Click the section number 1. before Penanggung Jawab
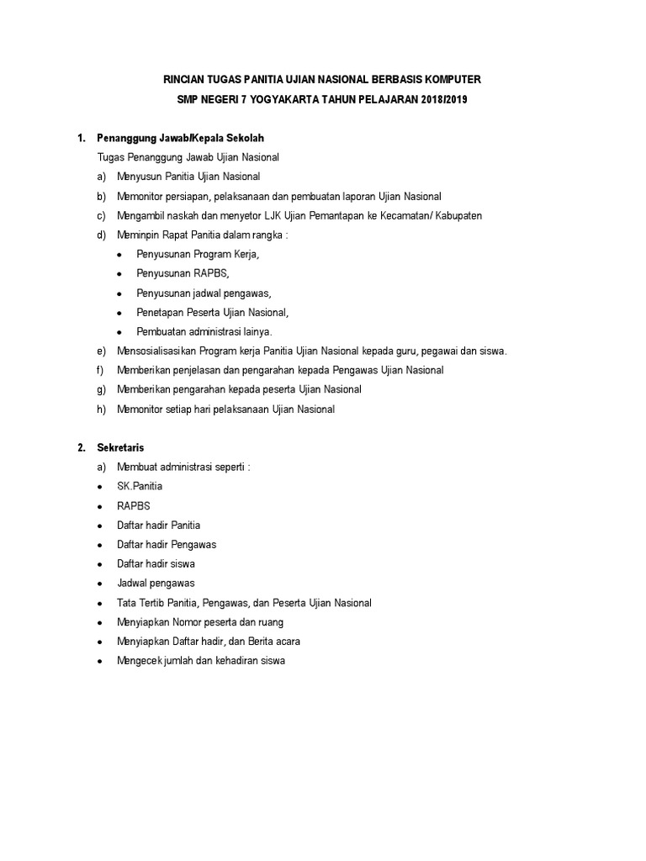tap(81, 138)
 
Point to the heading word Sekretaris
tap(121, 448)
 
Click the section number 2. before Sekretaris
tap(81, 448)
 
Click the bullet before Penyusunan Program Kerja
tap(119, 255)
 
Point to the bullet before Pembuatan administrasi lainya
tap(119, 332)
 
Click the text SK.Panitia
tap(140, 487)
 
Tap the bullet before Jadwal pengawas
tap(100, 584)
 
